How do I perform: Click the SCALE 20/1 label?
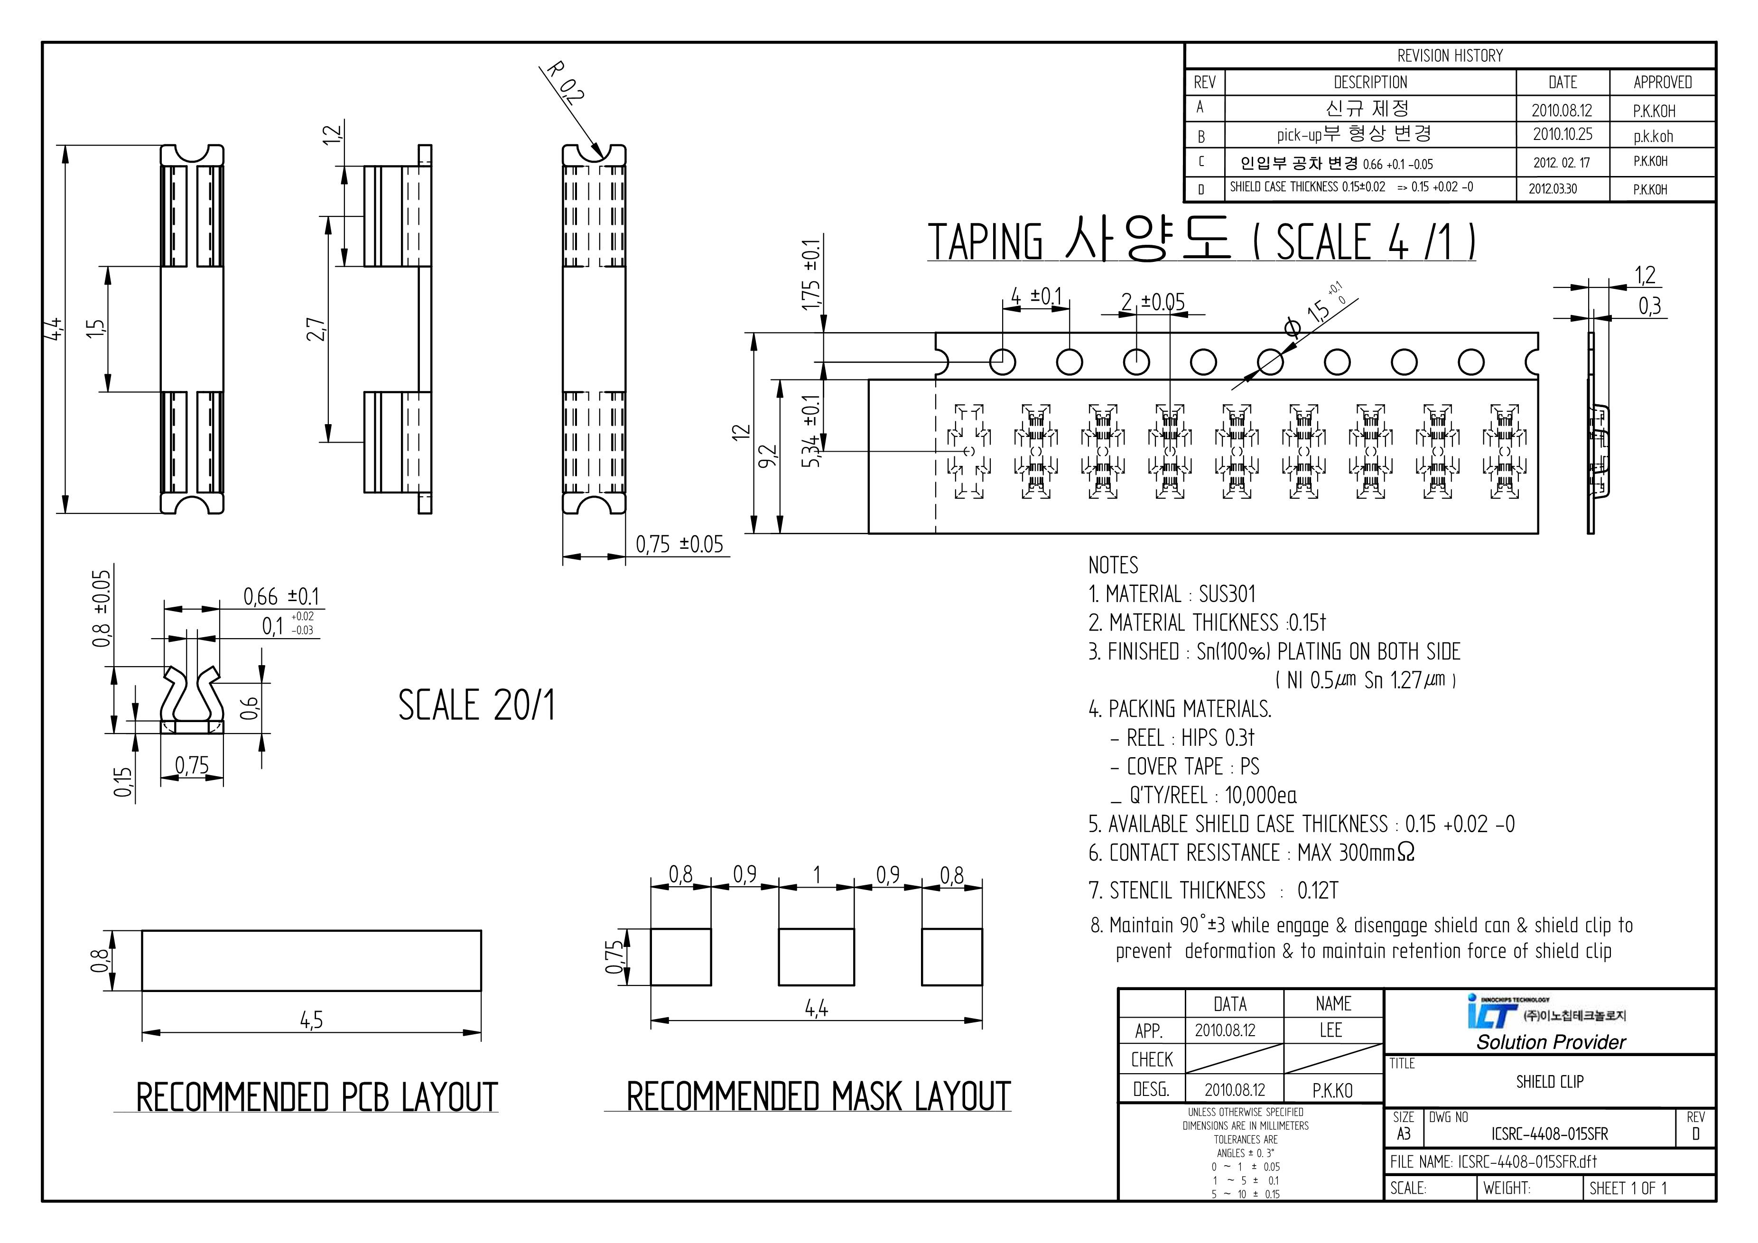[476, 705]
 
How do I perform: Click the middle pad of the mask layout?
[816, 957]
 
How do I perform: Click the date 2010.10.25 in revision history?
[1562, 135]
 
